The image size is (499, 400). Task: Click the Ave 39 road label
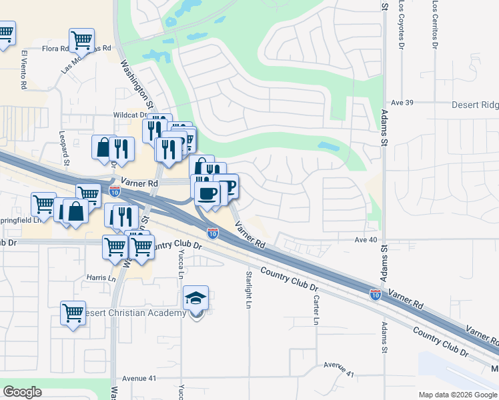403,103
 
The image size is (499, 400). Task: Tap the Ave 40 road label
366,239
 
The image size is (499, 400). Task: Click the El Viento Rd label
23,69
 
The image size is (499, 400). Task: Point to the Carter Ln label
316,311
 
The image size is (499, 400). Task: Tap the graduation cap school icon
196,298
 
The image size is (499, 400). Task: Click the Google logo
22,392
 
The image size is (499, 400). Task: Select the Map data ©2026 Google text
457,395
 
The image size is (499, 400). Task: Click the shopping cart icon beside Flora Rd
81,39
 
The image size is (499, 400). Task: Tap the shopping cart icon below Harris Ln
73,312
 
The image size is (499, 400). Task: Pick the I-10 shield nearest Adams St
376,293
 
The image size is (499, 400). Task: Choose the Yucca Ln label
180,263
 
